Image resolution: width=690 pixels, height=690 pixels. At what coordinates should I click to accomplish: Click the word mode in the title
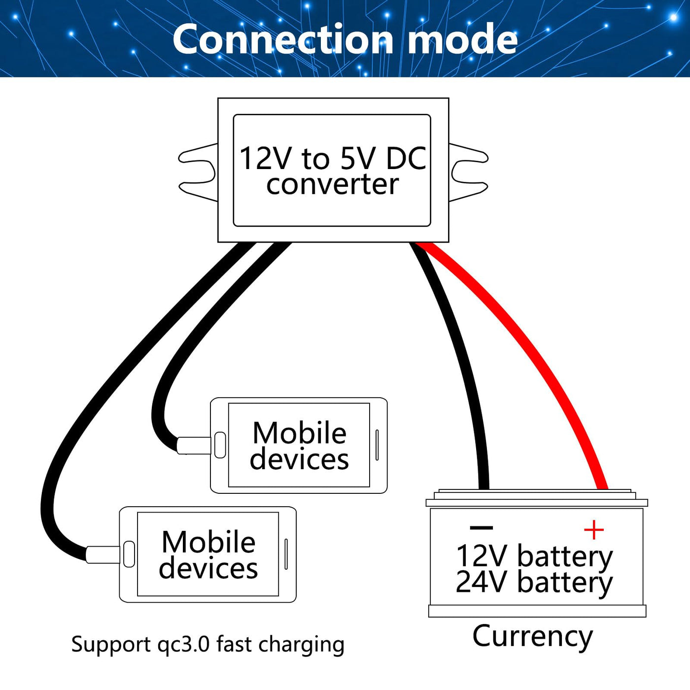(463, 39)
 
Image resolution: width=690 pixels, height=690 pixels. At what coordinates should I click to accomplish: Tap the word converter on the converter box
(332, 184)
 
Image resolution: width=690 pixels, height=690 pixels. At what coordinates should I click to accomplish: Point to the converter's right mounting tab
(468, 172)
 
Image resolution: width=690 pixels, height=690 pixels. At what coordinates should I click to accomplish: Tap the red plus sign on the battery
(593, 530)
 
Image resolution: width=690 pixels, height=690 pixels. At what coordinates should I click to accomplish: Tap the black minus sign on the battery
(482, 528)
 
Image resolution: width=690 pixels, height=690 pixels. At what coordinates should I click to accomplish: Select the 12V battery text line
(534, 556)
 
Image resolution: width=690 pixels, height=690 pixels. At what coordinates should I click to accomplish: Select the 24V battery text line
(534, 582)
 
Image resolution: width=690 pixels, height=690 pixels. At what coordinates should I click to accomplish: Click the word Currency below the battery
(532, 636)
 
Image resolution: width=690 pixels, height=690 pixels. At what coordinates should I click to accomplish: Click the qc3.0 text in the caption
(184, 645)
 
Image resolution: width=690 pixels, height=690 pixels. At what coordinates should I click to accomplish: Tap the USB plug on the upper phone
(194, 445)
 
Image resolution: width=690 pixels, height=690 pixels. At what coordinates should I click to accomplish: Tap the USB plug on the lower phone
(103, 554)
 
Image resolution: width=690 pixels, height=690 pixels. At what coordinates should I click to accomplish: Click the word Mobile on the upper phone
(300, 433)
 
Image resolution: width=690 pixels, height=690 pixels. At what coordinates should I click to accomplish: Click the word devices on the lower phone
(208, 568)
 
